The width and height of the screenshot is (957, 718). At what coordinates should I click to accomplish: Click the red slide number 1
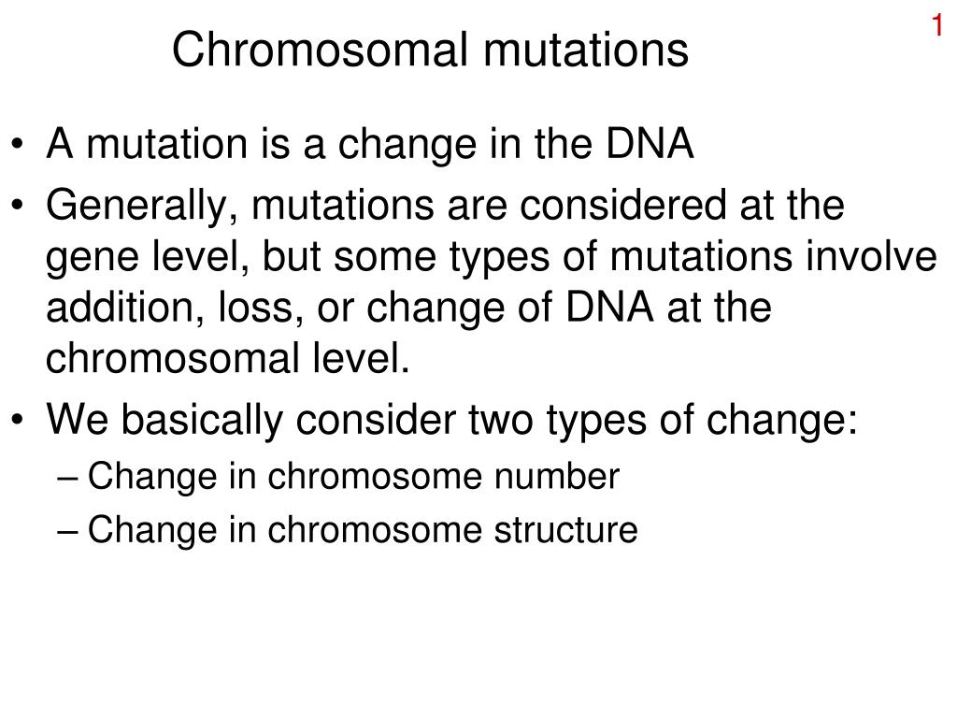936,25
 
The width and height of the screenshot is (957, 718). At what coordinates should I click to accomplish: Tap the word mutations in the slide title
586,50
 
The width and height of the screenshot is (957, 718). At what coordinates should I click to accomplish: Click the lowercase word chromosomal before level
172,358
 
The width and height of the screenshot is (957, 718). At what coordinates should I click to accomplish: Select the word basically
202,420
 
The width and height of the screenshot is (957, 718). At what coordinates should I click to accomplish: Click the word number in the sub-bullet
557,476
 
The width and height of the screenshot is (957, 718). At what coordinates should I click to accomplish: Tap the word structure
565,529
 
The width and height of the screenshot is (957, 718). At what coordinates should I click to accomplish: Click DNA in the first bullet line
650,143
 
